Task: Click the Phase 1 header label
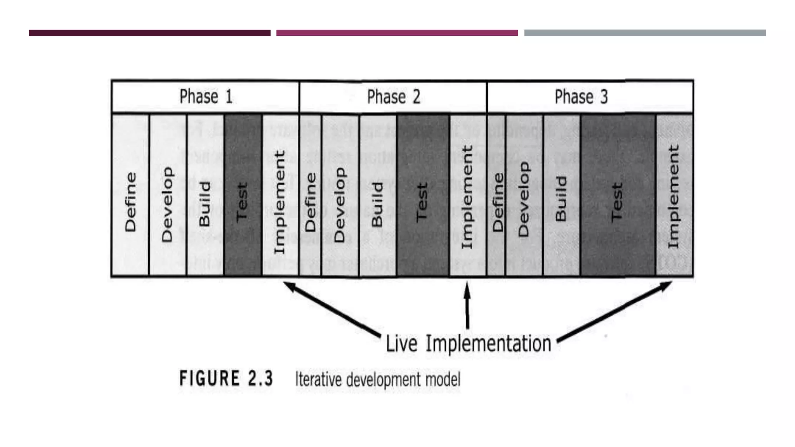pos(206,97)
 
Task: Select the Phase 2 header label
pos(393,97)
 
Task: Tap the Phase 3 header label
pos(581,97)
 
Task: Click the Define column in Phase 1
pos(130,202)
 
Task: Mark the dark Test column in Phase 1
pos(242,202)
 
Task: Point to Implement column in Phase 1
pos(280,202)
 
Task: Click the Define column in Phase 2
pos(311,202)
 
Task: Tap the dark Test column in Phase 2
pos(422,202)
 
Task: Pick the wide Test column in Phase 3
pos(618,202)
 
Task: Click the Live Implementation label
pos(468,344)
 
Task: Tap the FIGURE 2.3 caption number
pos(226,379)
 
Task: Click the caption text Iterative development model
pos(378,379)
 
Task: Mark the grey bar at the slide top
pos(645,33)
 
